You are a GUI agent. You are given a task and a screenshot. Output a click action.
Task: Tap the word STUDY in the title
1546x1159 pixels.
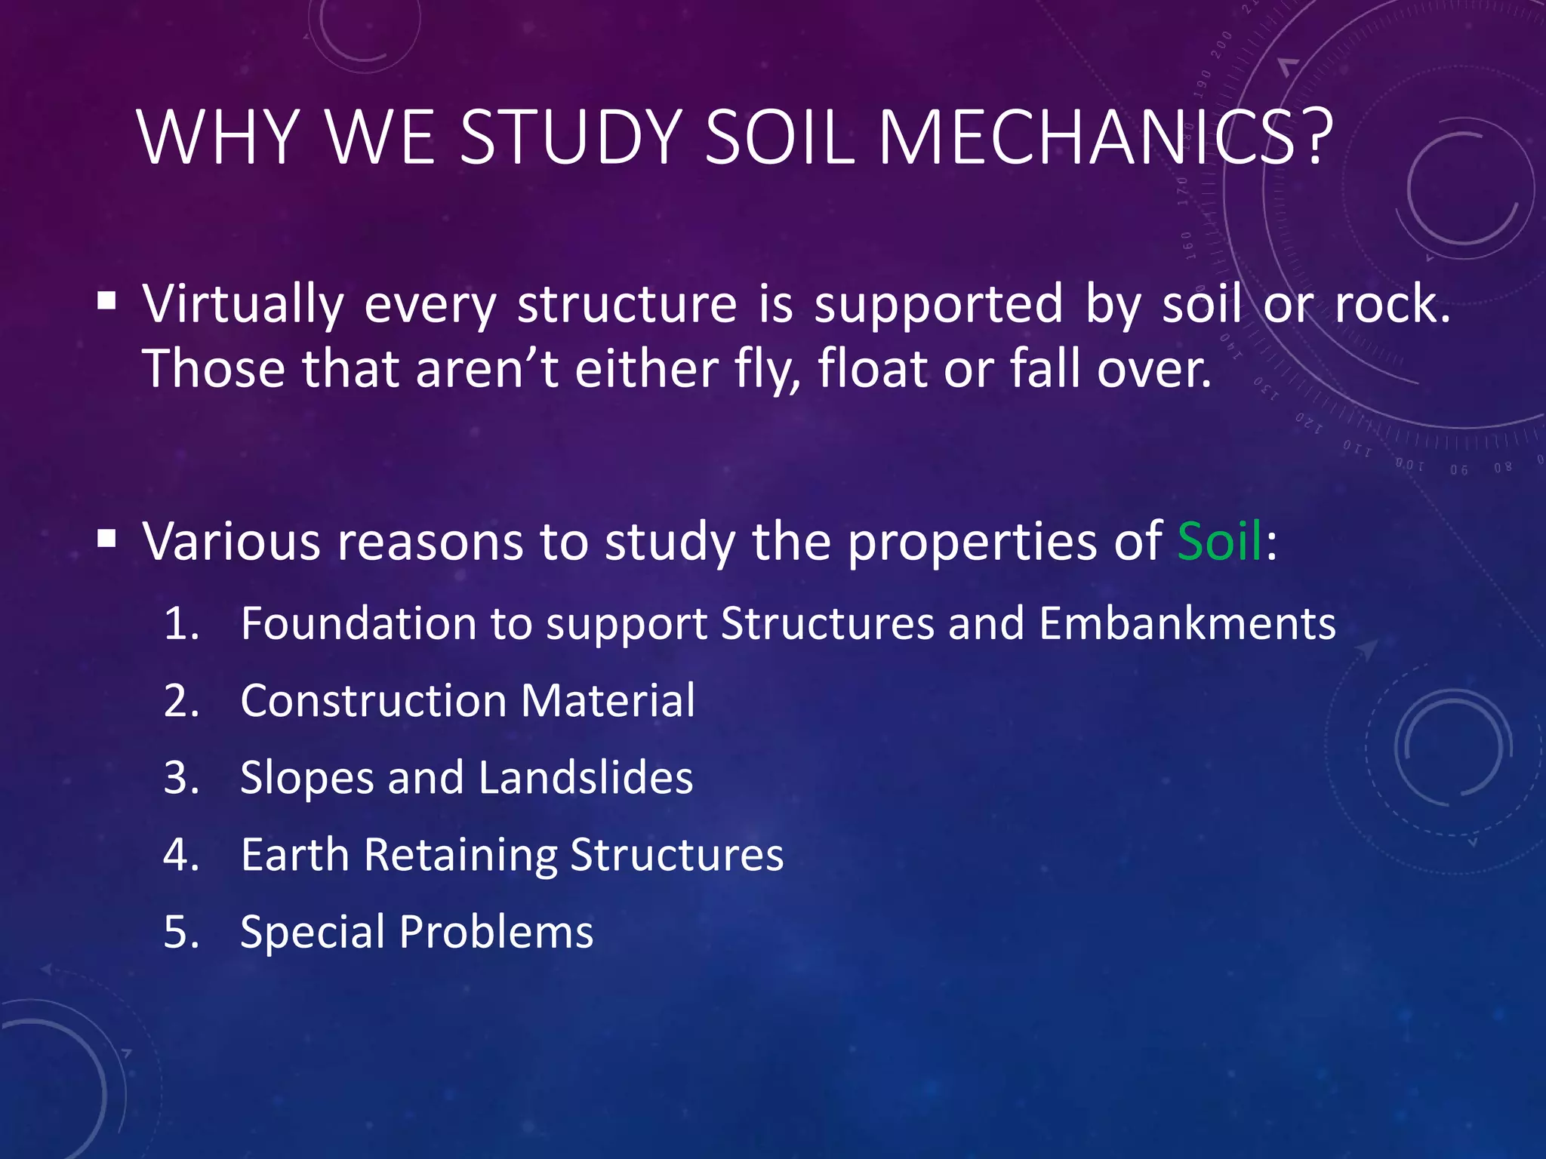click(571, 137)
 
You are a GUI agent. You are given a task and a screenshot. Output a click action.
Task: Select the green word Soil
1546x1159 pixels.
click(1219, 542)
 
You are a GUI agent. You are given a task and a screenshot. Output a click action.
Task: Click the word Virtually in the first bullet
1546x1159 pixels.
click(243, 305)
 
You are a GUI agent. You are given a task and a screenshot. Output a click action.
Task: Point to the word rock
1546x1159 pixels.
click(1392, 305)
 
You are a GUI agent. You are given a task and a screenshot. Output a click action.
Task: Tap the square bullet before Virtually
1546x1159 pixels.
click(106, 302)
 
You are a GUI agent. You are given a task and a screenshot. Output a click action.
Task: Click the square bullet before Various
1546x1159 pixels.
click(106, 539)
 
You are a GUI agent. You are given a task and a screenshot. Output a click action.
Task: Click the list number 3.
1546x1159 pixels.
click(181, 779)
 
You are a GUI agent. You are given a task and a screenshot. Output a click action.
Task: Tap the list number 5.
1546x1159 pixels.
click(181, 933)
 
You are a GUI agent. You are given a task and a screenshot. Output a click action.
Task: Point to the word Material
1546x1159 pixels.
click(608, 701)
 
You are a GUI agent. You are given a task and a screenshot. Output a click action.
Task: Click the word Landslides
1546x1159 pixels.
click(585, 779)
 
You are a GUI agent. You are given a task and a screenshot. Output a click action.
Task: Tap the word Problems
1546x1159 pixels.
click(496, 933)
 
